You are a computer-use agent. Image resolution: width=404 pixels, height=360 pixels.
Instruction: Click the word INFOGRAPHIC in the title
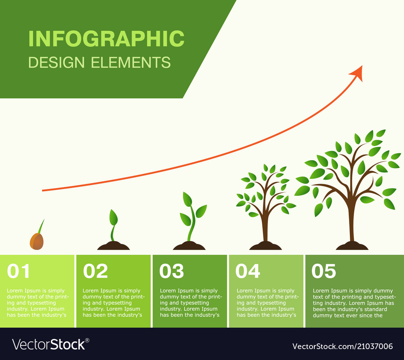point(106,39)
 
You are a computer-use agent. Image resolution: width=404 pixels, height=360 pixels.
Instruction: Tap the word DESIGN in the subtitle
point(57,63)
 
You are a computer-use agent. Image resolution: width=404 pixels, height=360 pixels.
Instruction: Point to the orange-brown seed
point(36,241)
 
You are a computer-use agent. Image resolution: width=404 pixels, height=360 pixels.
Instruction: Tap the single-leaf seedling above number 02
point(114,220)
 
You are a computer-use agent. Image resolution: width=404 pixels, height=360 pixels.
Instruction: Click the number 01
point(19,271)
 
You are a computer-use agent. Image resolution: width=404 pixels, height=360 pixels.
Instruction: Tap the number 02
point(95,271)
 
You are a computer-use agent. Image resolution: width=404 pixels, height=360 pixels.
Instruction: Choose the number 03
point(171,271)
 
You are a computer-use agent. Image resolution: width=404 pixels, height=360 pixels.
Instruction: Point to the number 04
point(248,271)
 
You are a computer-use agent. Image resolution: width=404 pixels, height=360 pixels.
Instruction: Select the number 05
point(324,271)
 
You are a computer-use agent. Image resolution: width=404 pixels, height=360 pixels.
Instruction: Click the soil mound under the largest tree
point(352,246)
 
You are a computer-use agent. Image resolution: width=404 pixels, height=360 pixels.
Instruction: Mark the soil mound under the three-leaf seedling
point(189,246)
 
